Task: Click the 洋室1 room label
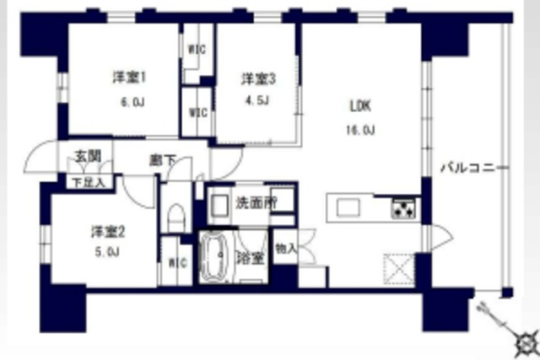point(131,78)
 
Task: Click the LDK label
point(360,106)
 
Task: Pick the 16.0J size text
point(360,130)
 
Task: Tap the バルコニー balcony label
point(473,168)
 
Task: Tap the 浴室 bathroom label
point(248,256)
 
